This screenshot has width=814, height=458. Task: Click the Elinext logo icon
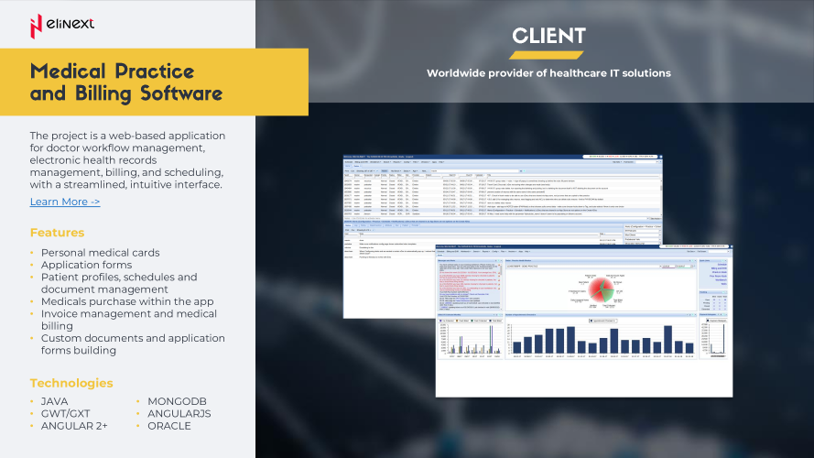[x=36, y=25]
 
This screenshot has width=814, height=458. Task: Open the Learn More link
[x=65, y=202]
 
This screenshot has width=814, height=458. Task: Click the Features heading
[x=57, y=233]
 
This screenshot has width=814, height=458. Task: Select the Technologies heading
[x=71, y=383]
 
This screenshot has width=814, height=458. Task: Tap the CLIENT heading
[x=548, y=36]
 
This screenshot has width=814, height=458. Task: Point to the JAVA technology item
[x=55, y=401]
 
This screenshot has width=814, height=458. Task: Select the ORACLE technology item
[x=169, y=426]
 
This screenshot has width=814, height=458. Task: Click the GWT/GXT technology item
[x=66, y=414]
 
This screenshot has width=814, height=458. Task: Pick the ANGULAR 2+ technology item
[x=74, y=426]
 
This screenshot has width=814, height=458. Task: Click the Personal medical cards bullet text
[x=100, y=252]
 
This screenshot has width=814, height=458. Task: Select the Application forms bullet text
[x=88, y=265]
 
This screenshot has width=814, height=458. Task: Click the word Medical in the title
[x=67, y=71]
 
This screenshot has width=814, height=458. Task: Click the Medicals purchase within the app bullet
[x=127, y=301]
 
